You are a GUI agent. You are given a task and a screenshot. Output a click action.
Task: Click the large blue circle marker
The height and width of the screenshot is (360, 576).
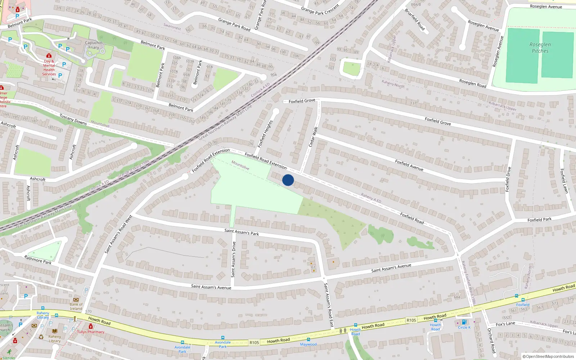(288, 180)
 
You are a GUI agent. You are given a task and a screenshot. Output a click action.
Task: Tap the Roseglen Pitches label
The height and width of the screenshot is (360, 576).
(540, 48)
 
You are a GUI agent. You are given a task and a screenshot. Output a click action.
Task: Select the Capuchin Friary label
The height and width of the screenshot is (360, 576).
(94, 45)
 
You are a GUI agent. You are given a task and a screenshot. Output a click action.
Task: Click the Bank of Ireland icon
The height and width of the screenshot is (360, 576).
(76, 300)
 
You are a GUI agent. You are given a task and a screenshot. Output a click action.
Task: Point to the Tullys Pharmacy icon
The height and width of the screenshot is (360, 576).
(91, 326)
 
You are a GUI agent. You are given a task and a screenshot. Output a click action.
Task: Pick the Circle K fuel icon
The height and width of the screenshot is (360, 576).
(464, 322)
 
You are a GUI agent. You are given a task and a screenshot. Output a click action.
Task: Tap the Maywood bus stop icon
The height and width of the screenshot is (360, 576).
(308, 339)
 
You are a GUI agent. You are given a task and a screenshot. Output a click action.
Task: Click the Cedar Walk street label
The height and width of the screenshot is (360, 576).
(313, 136)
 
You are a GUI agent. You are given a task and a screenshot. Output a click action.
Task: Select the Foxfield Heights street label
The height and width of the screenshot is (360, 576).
(265, 134)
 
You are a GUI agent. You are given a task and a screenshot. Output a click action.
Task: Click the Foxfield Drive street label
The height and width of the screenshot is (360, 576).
(508, 179)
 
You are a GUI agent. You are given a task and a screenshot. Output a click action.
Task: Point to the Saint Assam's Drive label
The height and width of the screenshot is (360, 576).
(233, 259)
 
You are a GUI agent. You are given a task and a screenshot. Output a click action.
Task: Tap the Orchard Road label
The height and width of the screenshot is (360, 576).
(491, 340)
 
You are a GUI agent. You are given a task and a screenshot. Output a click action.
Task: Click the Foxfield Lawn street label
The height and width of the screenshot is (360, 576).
(564, 181)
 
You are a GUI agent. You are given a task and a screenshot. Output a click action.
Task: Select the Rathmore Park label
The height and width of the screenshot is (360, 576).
(38, 260)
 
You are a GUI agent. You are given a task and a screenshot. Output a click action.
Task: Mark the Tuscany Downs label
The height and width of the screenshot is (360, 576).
(73, 120)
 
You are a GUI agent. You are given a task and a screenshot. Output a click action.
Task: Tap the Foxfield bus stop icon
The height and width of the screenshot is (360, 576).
(523, 300)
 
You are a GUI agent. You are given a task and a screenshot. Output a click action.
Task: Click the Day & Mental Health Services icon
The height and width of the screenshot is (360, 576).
(49, 55)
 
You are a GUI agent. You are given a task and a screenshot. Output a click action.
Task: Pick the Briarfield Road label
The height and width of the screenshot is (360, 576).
(415, 19)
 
